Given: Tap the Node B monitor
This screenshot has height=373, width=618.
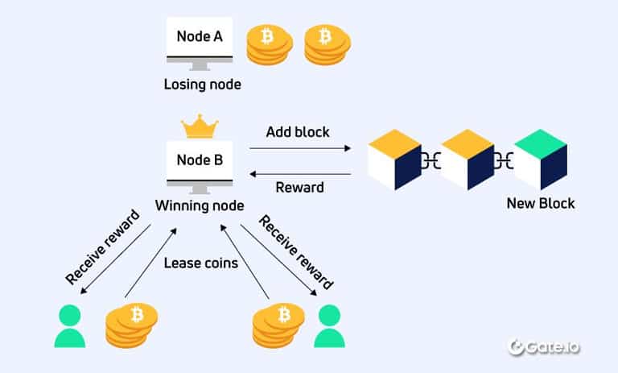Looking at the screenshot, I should pos(201,164).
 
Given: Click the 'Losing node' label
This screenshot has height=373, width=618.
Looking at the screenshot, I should pos(201,84).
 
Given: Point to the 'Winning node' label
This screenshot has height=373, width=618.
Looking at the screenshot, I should pos(201,206).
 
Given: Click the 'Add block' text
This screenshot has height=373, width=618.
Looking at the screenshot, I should pos(298,131).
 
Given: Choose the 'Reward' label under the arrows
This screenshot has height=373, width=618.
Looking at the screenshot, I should pos(299,188).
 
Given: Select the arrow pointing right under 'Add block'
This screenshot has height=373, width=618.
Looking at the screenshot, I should pos(300,148).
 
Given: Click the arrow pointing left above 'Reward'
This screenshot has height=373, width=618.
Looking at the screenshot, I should pos(300,173).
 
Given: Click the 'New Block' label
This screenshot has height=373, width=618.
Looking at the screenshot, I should pos(541,204).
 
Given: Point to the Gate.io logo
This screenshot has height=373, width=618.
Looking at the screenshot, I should pos(545,346).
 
